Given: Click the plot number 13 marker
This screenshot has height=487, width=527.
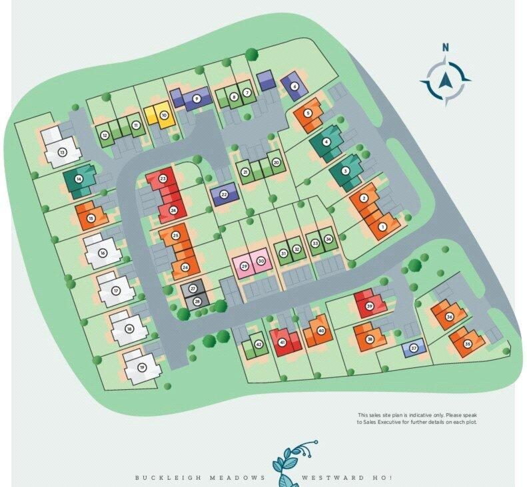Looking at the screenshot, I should coord(62,152).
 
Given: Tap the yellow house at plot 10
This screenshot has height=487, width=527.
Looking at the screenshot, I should coord(159,116).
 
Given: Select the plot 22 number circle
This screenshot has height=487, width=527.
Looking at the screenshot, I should coord(225,194).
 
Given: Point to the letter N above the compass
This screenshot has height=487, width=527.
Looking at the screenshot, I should coord(446,47).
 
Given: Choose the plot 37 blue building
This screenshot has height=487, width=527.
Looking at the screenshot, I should coord(414,347).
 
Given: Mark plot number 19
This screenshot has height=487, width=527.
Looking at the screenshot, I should coord(142,367).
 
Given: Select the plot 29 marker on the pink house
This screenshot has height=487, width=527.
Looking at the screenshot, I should coord(244,266).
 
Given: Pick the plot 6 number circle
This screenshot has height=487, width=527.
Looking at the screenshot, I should coord(294,86).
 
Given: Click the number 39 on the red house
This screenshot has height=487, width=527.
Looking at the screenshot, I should coord(369,306).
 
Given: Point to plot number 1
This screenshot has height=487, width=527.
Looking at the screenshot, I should coord(382,227).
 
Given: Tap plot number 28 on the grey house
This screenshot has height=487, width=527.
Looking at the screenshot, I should coord(197,301).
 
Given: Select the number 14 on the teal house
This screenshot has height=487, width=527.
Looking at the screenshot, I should coord(79,179).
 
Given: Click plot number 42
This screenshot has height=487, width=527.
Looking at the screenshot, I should coord(259,344).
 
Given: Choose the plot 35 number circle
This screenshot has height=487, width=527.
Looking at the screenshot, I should coord(468,343).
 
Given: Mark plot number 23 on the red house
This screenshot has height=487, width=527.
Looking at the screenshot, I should coord(163,178).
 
